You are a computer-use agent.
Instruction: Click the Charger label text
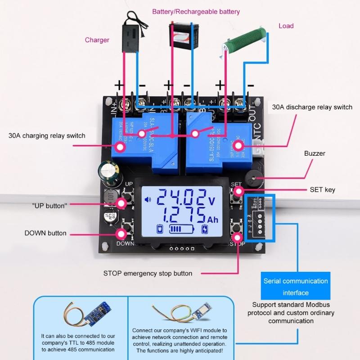click(x=97, y=40)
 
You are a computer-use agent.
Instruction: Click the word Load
click(x=286, y=26)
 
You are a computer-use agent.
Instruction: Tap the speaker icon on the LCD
click(x=147, y=200)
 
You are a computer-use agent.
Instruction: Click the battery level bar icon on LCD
click(x=182, y=230)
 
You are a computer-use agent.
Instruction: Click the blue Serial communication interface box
click(x=296, y=287)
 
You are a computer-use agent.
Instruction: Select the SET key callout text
click(x=322, y=190)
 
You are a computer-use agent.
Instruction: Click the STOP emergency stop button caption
click(x=148, y=273)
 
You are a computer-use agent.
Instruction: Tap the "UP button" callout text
click(x=49, y=205)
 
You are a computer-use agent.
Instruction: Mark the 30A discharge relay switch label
click(x=312, y=108)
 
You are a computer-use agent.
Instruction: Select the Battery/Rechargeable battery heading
click(x=196, y=12)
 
